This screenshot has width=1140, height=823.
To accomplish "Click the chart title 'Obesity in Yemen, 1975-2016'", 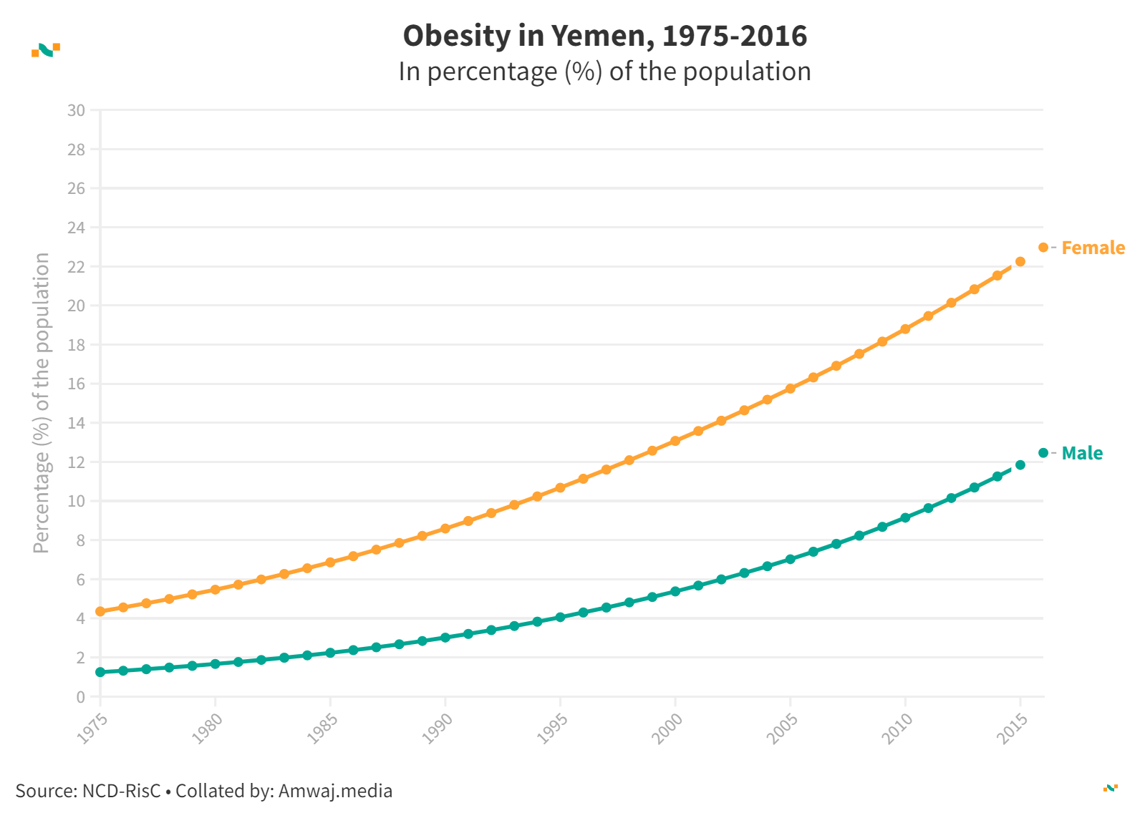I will (604, 36).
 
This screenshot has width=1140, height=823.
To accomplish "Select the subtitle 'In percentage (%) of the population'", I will (604, 72).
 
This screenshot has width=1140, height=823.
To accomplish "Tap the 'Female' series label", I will (1093, 248).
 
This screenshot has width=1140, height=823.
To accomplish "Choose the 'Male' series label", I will (1082, 453).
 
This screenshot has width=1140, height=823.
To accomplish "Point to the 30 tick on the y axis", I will (76, 110).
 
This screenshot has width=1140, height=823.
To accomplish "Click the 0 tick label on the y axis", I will (80, 696).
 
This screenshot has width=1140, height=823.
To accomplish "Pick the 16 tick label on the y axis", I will (76, 384).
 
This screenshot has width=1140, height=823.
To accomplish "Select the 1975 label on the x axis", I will (92, 729).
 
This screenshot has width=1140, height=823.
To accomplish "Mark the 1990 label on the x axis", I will (438, 729).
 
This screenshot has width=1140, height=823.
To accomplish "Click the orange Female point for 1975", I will (100, 611).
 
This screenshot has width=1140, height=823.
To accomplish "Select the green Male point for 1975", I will (100, 672).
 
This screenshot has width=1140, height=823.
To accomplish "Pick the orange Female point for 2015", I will (1020, 261).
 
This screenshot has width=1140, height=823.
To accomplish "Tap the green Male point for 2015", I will (1020, 465).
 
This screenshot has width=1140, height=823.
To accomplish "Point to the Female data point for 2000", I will (675, 441).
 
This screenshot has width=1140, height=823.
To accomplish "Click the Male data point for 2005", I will (791, 559).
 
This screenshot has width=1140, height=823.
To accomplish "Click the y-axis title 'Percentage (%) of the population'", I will (42, 403).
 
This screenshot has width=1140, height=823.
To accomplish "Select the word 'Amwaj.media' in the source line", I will (335, 791).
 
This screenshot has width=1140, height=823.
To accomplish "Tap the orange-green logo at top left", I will (46, 49).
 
